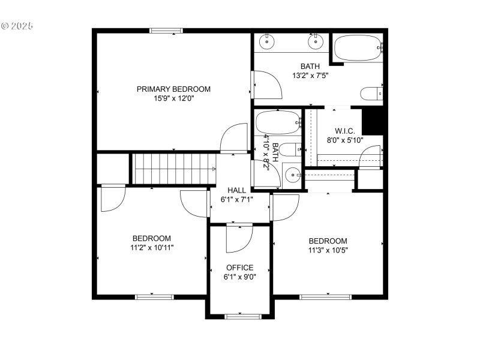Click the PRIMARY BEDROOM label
[x=173, y=89]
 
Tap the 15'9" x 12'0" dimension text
[x=173, y=98]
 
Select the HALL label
[x=236, y=190]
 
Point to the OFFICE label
[x=239, y=268]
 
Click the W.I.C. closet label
[x=345, y=131]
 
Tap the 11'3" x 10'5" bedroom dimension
[x=328, y=250]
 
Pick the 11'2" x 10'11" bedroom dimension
[x=152, y=248]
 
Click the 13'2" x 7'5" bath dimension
[x=310, y=76]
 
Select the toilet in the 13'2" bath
[x=371, y=94]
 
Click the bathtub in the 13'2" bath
[x=358, y=48]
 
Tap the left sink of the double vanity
[x=266, y=41]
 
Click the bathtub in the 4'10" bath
[x=278, y=122]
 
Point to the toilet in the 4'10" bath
[x=290, y=149]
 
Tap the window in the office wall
[x=243, y=317]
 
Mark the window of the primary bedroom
[x=166, y=31]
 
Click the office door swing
[x=239, y=239]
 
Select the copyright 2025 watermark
[x=17, y=26]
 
